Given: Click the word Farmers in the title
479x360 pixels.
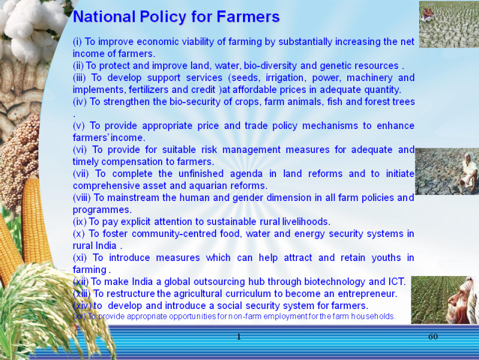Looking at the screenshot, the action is pos(248,17).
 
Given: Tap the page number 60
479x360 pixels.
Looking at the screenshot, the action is pos(433,337).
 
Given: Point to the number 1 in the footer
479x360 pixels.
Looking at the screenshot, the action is pos(239,337).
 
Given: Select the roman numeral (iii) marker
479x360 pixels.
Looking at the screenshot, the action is pos(80,78).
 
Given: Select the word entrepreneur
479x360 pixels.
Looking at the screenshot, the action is pos(368,294).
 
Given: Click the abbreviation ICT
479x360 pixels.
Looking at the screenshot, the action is pos(396,281).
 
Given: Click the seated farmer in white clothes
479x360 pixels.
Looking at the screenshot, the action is pos(468,172).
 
